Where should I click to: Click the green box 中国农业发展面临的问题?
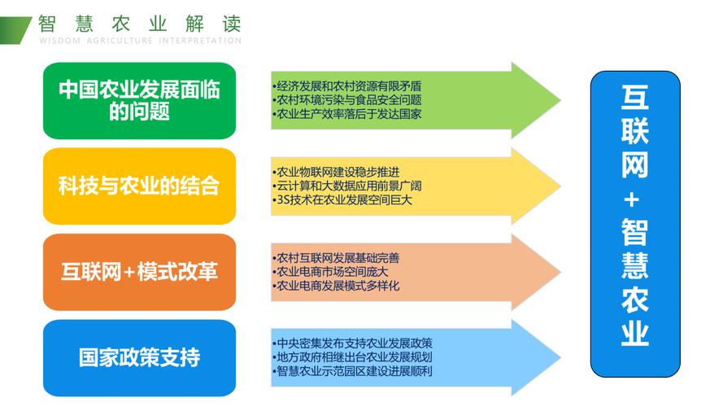139,101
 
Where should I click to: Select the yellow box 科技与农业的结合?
139,186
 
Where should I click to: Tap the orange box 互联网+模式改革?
139,272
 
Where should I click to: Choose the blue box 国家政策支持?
139,357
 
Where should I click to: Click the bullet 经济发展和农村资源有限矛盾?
346,86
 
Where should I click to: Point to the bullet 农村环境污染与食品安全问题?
346,100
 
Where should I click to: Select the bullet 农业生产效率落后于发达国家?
346,114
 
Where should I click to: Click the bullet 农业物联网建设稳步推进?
336,172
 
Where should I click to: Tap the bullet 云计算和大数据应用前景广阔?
346,186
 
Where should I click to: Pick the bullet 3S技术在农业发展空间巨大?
342,199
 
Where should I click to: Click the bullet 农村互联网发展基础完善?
336,258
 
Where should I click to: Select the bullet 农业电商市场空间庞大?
331,272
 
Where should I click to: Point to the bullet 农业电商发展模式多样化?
336,286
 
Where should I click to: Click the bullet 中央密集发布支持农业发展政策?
352,344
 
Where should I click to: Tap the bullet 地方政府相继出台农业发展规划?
352,357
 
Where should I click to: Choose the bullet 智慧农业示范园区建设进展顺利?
352,371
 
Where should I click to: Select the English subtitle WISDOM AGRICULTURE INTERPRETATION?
140,41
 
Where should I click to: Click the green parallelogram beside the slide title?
15,30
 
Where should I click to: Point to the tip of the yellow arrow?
560,186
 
